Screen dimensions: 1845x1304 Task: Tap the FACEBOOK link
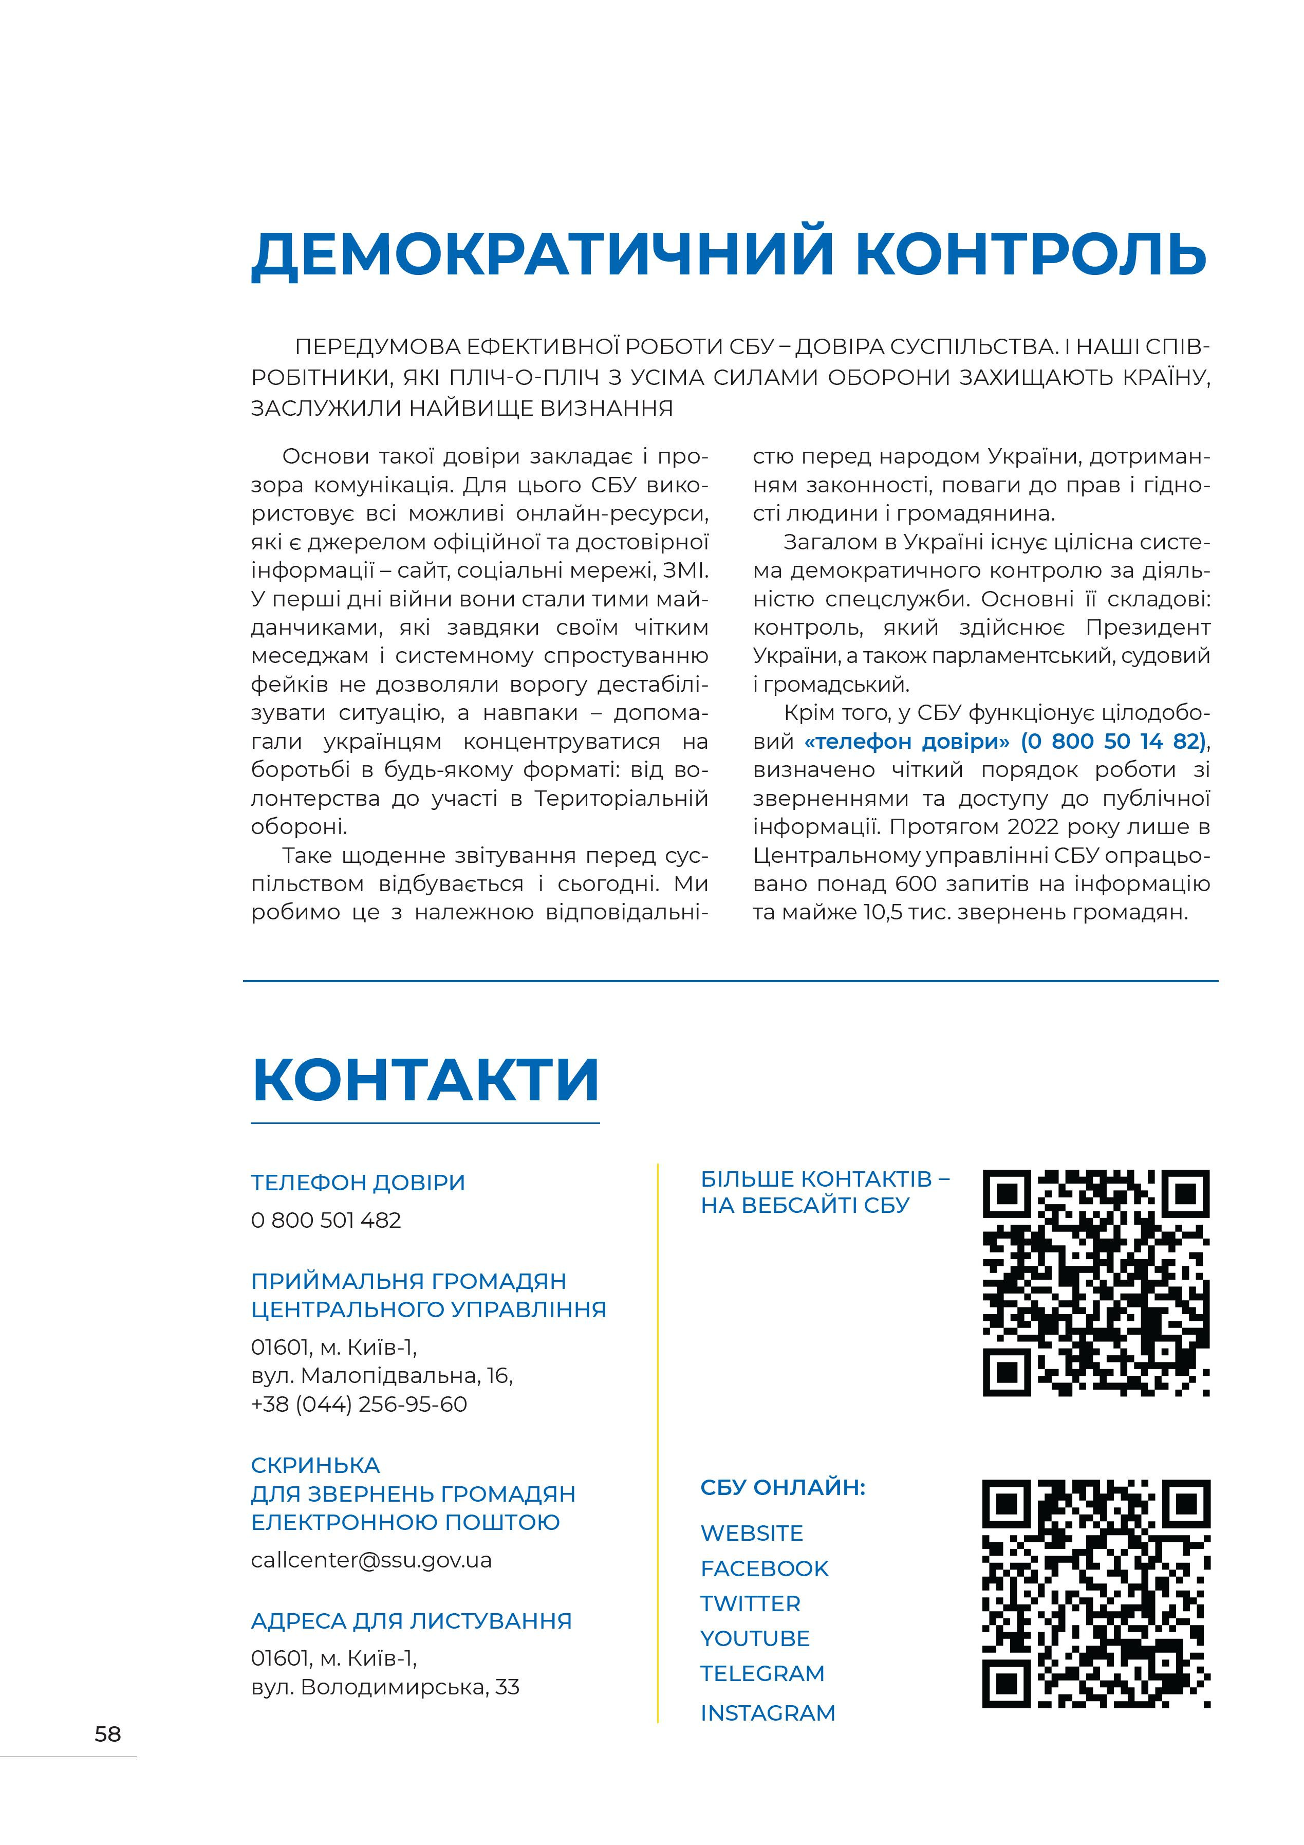click(x=764, y=1568)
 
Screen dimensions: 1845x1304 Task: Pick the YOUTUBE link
click(x=754, y=1638)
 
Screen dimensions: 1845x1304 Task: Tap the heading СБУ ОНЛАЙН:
click(x=782, y=1487)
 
